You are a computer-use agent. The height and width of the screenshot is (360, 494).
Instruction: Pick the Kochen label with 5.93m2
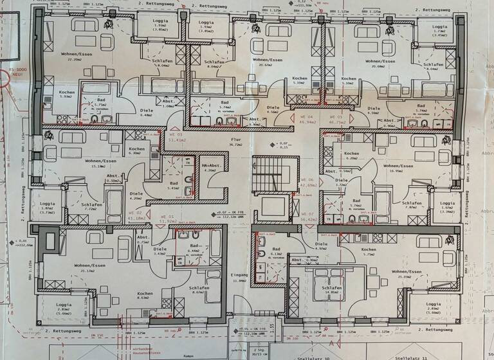(66, 93)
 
